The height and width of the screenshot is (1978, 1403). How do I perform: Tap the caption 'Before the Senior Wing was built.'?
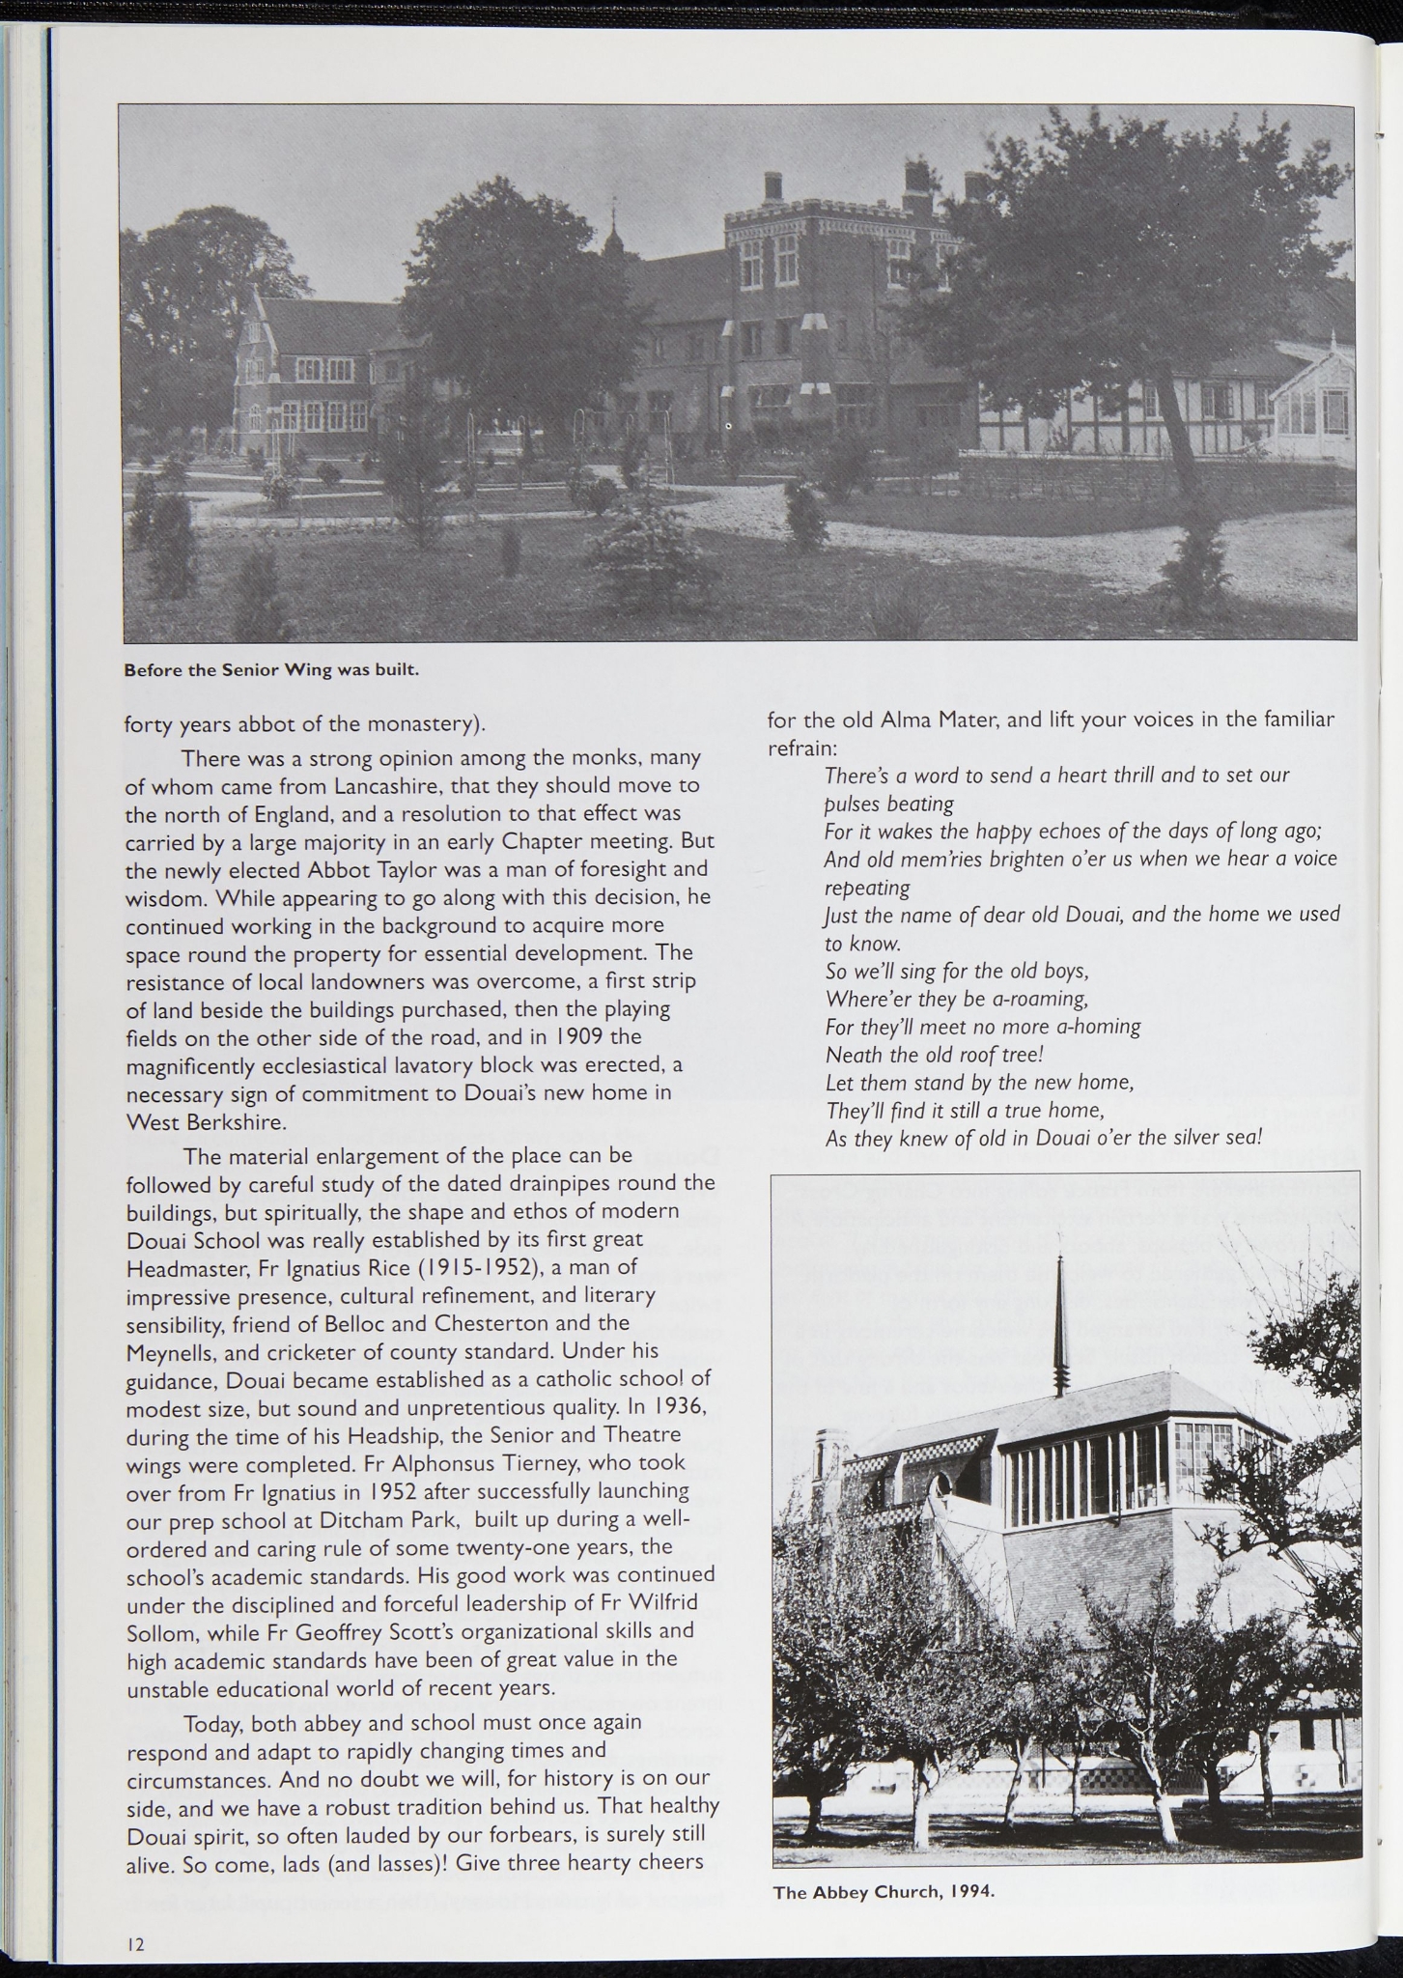pos(271,669)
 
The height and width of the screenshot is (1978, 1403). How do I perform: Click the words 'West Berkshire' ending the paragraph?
pos(206,1122)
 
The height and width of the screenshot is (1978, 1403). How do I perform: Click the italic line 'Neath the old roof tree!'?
pos(935,1054)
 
